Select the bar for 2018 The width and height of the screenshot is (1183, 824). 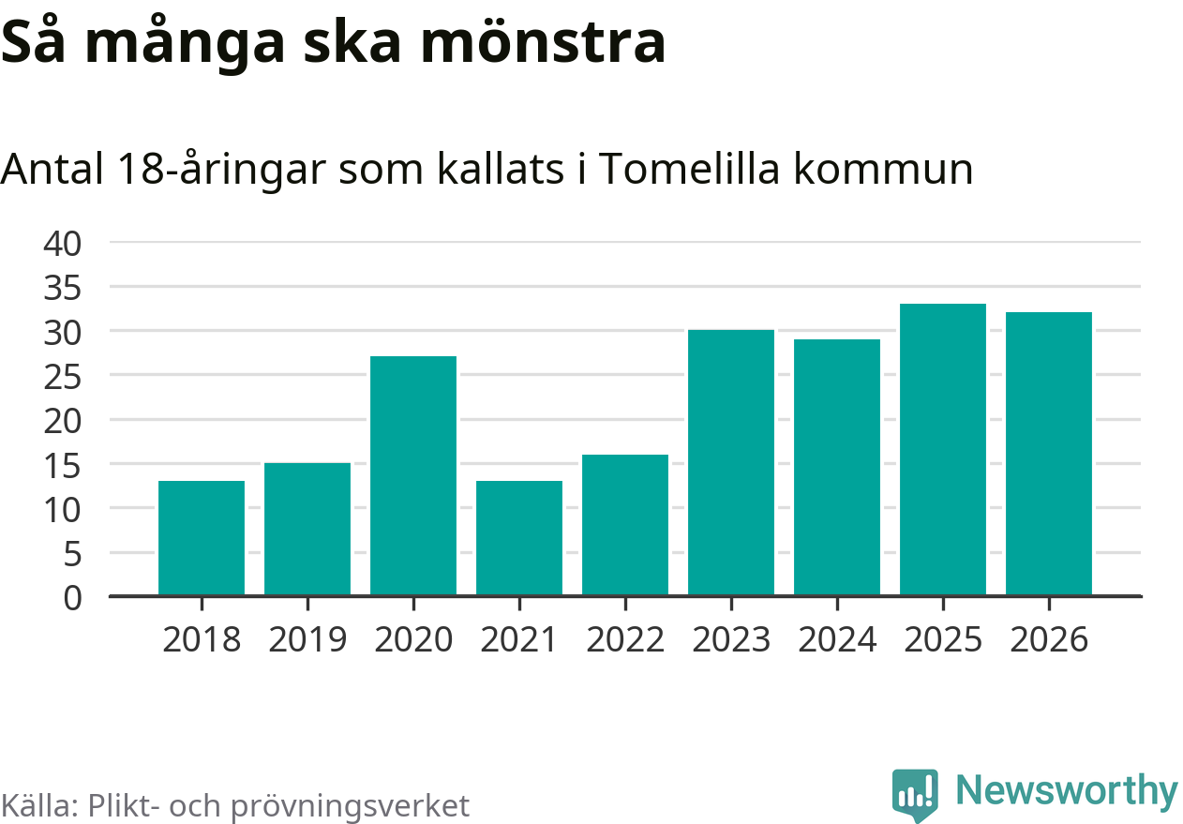202,538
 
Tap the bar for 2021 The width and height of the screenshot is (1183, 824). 519,538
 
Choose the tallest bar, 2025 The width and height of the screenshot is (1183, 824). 943,449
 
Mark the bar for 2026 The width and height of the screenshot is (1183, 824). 1049,454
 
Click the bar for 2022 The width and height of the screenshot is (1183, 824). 625,525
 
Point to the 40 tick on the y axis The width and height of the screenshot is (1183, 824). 63,244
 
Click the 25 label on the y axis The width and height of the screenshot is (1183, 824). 63,377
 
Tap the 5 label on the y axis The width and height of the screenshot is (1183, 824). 72,554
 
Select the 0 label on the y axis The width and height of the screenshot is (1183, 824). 72,597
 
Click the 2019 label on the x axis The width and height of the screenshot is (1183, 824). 307,640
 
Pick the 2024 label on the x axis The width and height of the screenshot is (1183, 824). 837,640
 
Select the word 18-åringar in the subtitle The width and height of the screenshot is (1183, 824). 226,170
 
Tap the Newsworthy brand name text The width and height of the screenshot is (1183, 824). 1067,790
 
